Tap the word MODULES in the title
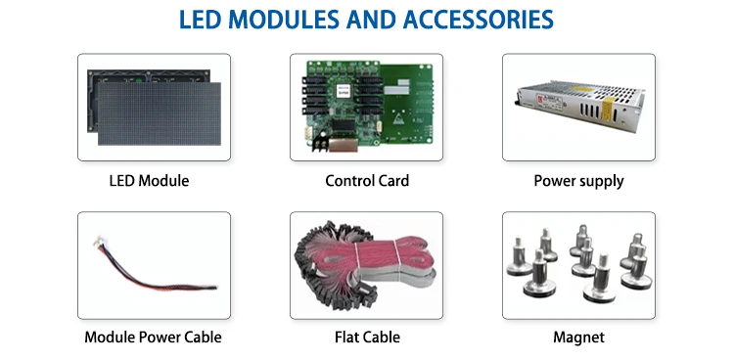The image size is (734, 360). (x=284, y=20)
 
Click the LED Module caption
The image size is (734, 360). (x=149, y=181)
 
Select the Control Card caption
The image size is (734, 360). (x=367, y=181)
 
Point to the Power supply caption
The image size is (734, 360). (x=578, y=181)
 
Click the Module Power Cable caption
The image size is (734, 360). (x=153, y=337)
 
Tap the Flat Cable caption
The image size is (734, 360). (x=367, y=337)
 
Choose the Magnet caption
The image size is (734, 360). (x=578, y=337)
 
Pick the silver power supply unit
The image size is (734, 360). (x=580, y=107)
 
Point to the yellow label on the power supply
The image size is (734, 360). (x=606, y=109)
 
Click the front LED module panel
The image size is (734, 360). (x=160, y=113)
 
